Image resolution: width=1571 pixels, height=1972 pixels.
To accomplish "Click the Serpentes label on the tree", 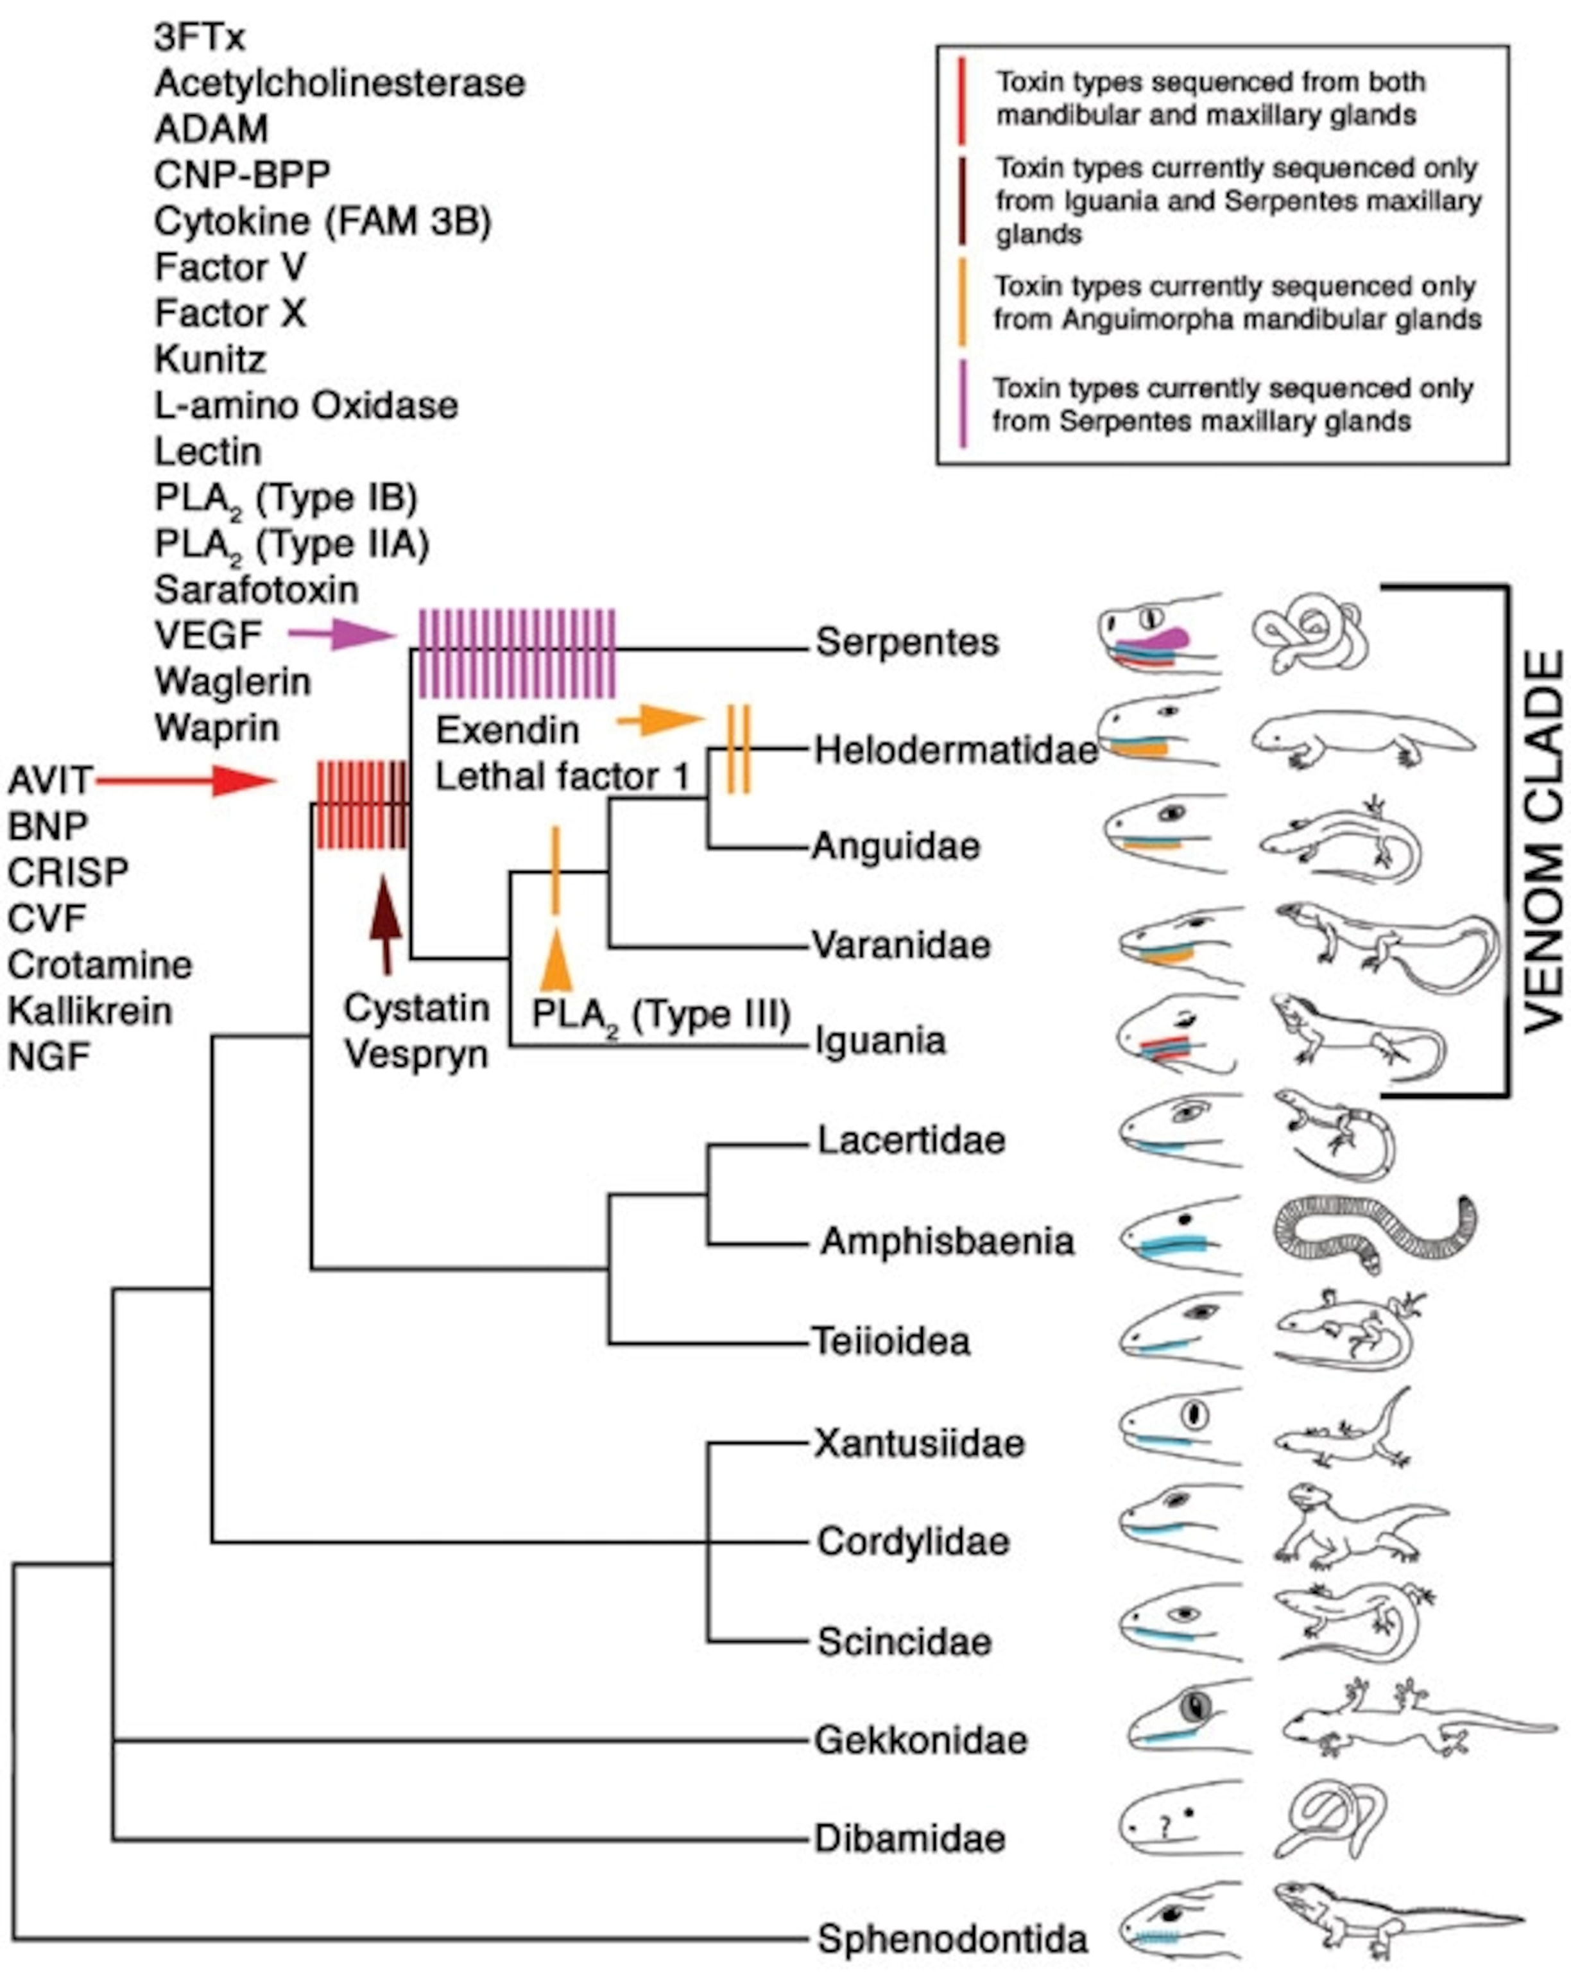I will (x=906, y=642).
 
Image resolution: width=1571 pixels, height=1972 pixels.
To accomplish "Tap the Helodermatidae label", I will (x=956, y=750).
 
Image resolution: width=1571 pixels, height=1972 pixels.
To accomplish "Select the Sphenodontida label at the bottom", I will (x=952, y=1938).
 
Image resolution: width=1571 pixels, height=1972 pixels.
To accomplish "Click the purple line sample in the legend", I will (x=962, y=403).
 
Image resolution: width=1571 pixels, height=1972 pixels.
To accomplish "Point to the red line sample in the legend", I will (x=961, y=99).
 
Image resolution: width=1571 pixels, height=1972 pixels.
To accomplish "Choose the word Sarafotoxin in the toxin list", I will (x=256, y=590).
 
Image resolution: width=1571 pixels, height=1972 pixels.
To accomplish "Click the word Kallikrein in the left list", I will (x=90, y=1010).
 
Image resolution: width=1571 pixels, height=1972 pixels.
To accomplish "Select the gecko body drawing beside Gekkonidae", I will (x=1418, y=1720).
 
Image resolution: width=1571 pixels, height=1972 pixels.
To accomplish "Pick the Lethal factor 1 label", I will (x=562, y=777).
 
